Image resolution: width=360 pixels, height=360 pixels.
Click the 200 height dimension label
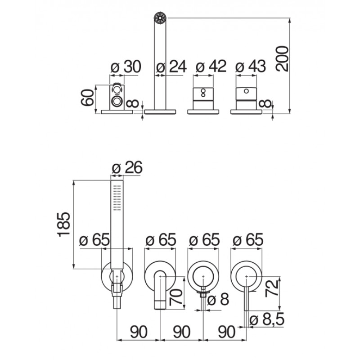(282, 58)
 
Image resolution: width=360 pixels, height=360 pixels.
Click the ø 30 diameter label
(126, 67)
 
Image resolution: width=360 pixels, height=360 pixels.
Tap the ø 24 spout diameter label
(171, 67)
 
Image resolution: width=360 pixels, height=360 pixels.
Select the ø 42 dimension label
(211, 66)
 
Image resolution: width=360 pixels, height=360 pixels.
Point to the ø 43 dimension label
(251, 66)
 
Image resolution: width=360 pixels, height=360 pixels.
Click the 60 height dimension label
(88, 98)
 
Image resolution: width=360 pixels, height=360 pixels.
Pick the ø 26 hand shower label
(127, 167)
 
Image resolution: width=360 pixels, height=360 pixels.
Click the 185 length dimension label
(63, 224)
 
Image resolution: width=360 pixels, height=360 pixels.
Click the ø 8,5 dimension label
(267, 319)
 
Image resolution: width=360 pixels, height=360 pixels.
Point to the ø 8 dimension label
(218, 300)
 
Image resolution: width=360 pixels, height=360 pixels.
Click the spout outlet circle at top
(160, 18)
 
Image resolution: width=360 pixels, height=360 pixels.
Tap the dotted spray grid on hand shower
(117, 198)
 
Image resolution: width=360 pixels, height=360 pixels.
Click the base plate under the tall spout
(160, 112)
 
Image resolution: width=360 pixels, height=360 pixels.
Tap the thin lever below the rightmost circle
(246, 299)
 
